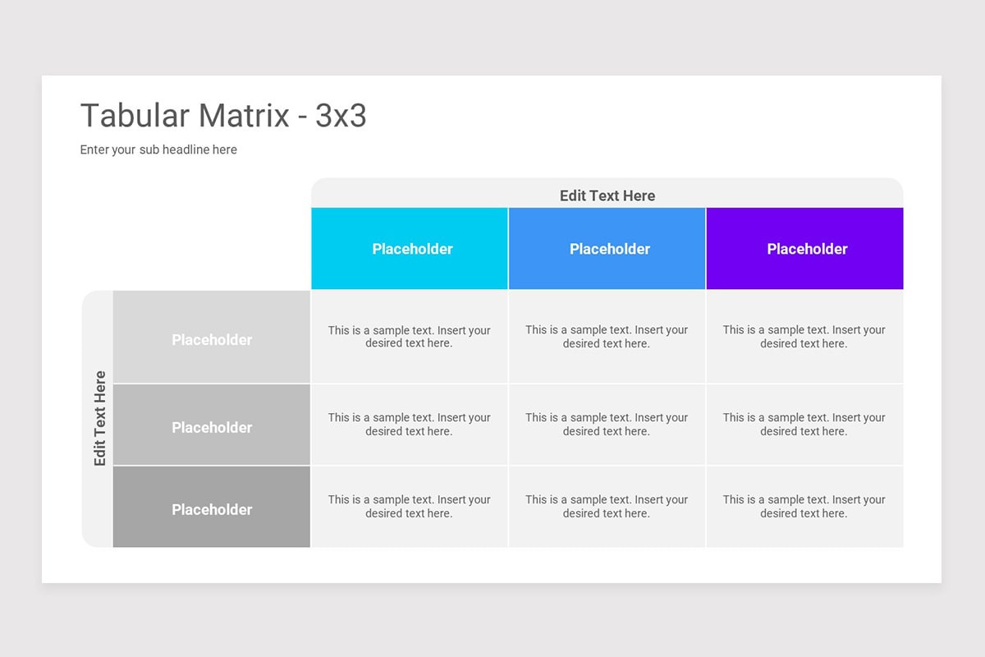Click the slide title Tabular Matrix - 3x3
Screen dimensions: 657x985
point(223,117)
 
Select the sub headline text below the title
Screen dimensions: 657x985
point(158,149)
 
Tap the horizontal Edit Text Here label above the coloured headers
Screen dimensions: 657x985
point(607,195)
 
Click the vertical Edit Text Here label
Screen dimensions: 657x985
point(100,419)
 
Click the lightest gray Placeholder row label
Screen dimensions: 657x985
point(212,339)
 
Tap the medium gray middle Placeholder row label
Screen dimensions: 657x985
point(212,427)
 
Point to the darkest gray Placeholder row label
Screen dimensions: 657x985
point(212,509)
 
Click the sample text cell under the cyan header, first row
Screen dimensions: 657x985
point(410,337)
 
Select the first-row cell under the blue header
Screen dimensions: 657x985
point(607,337)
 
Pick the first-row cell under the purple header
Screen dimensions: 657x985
point(804,337)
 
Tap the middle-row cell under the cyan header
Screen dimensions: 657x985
point(410,425)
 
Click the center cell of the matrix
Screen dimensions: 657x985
point(607,425)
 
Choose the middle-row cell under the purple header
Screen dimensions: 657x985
point(804,425)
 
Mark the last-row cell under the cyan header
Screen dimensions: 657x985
point(410,507)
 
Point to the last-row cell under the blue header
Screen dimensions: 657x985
point(607,507)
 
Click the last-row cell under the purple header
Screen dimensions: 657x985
point(804,507)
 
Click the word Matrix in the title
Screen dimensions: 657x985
point(244,117)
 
